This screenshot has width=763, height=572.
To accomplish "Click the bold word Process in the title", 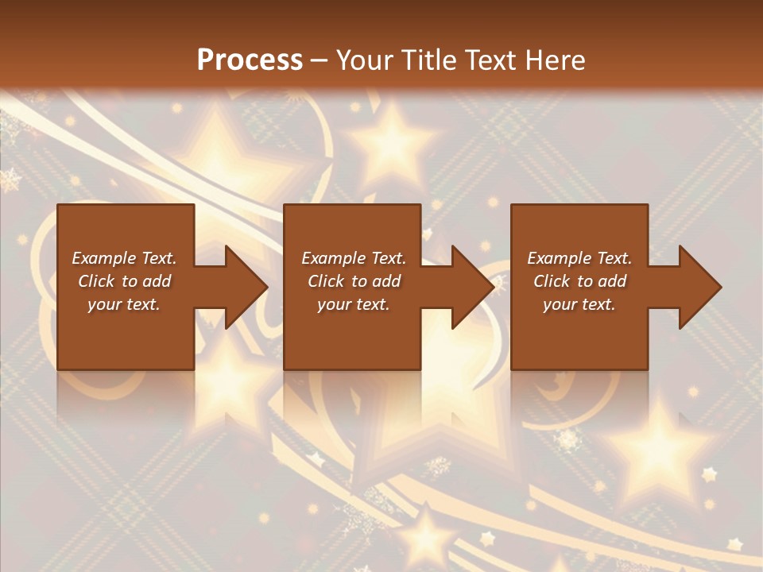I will [250, 60].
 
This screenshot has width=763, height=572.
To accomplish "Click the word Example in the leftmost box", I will [102, 258].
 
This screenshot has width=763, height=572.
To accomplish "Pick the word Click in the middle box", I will [325, 281].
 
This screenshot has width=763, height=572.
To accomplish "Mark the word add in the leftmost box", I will [157, 281].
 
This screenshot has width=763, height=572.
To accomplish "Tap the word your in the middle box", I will [334, 304].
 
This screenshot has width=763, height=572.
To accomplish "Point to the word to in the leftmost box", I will [130, 281].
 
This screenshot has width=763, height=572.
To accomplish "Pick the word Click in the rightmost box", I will [551, 281].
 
